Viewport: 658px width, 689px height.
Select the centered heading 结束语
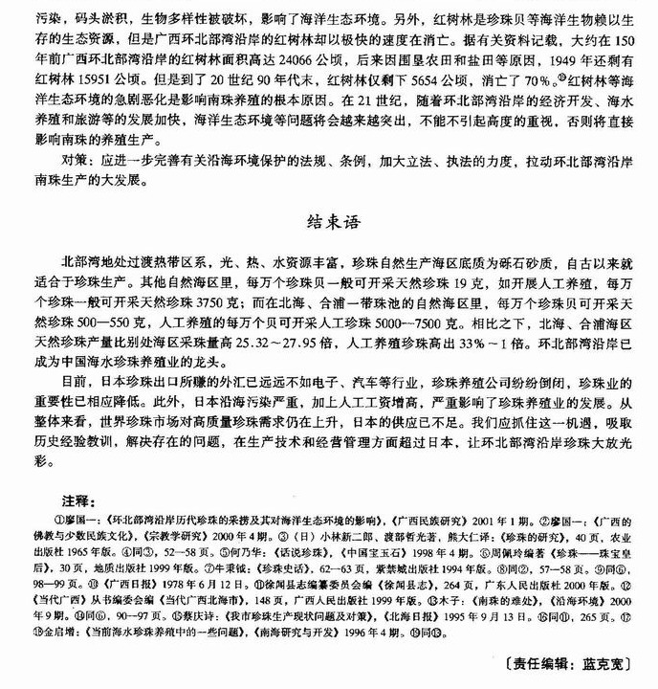(328, 226)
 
